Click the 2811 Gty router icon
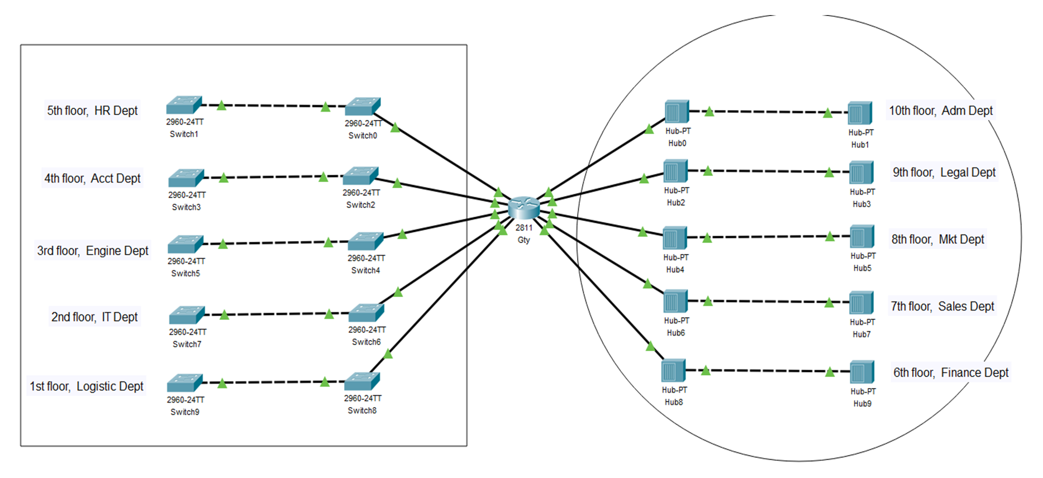coord(524,208)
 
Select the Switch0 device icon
coord(363,107)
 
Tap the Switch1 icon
coord(184,105)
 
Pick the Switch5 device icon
coord(185,244)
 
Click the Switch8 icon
coord(362,382)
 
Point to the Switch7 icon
coord(187,315)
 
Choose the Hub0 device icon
coord(677,112)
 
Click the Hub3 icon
coord(861,173)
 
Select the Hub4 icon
coord(675,238)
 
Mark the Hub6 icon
coord(676,302)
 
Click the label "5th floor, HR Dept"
coord(92,111)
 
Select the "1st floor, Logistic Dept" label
coord(87,386)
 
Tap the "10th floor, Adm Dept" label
coord(941,111)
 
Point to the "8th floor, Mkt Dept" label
coord(937,240)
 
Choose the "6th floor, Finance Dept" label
coord(951,372)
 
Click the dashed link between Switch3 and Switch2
coord(274,177)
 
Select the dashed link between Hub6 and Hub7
coord(769,302)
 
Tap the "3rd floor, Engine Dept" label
coord(93,251)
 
